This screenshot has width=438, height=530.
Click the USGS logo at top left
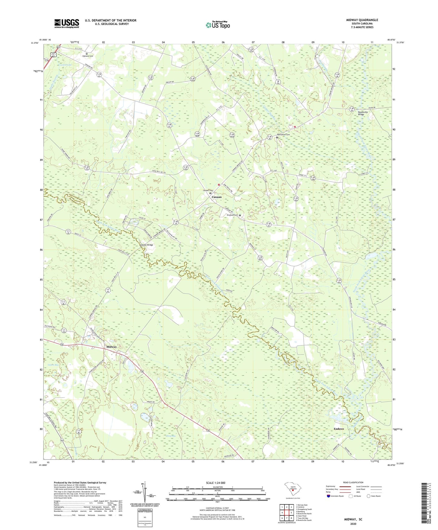click(x=67, y=23)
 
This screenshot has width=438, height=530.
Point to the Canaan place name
click(x=216, y=197)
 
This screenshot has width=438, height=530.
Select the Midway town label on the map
click(x=112, y=347)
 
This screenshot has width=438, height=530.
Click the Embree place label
click(x=339, y=429)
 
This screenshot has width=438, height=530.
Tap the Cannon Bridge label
click(x=146, y=245)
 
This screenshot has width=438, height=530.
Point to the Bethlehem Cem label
click(x=284, y=135)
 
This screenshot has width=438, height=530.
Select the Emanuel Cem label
click(x=232, y=215)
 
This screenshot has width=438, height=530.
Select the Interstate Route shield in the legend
click(x=329, y=496)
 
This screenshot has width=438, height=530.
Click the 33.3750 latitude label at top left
click(x=35, y=43)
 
